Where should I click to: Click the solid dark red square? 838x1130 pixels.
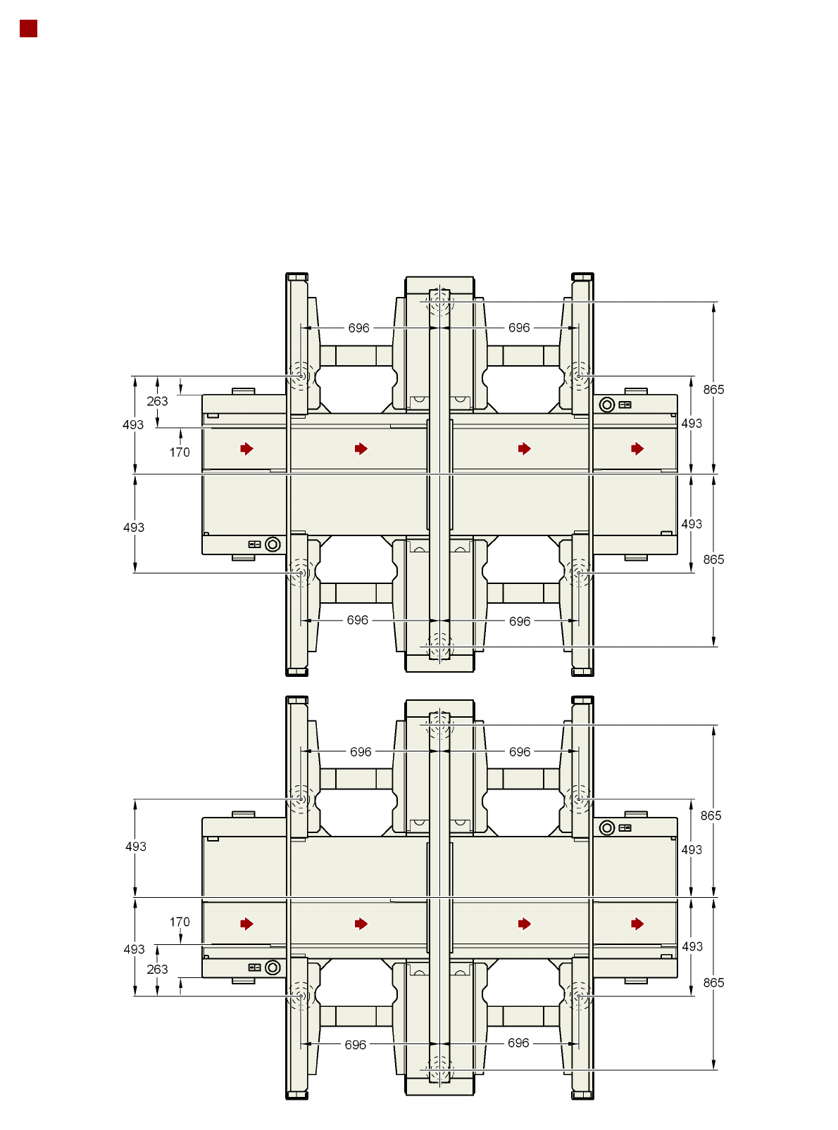click(x=29, y=29)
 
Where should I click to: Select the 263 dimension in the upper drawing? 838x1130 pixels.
click(x=157, y=401)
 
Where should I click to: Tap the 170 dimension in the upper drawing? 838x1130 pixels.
click(x=180, y=452)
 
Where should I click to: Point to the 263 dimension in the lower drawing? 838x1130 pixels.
click(x=157, y=969)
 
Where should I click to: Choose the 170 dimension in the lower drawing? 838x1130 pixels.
click(x=180, y=922)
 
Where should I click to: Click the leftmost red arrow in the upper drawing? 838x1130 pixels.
click(x=247, y=448)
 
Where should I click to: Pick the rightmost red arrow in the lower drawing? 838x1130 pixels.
click(x=637, y=924)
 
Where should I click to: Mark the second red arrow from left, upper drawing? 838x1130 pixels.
click(x=361, y=448)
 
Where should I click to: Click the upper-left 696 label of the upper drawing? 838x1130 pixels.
click(x=358, y=328)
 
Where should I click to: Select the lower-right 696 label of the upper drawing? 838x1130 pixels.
click(x=520, y=621)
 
